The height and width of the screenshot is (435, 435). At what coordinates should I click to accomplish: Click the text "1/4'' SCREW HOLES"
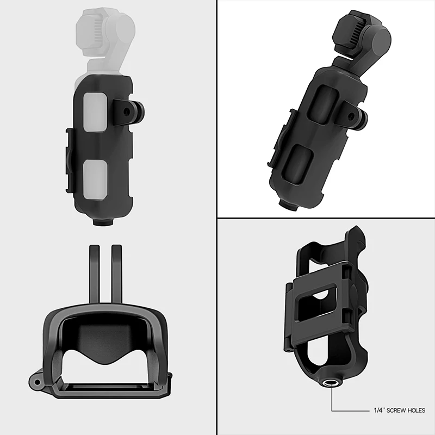point(400,411)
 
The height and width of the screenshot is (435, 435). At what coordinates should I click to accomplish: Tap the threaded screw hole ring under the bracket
point(332,383)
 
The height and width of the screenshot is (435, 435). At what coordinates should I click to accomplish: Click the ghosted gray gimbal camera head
point(105,33)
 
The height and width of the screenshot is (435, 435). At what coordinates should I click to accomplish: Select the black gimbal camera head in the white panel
point(363,35)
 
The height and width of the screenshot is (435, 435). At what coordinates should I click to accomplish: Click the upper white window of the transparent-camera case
point(95,113)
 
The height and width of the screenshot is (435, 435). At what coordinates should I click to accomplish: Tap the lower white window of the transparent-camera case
point(95,179)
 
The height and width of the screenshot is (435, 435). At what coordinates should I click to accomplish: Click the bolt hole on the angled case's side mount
point(351,115)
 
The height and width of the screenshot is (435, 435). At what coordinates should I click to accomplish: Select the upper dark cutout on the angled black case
point(324,104)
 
